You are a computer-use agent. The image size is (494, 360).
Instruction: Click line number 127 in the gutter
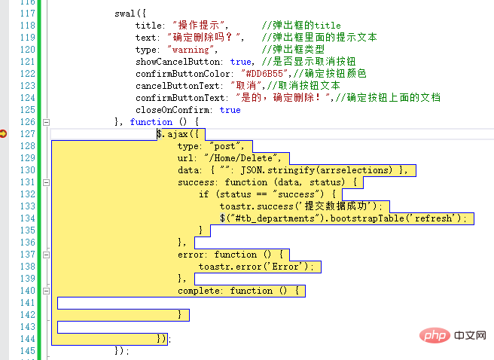pyautogui.click(x=27, y=134)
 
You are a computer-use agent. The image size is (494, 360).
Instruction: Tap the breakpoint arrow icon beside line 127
pyautogui.click(x=3, y=133)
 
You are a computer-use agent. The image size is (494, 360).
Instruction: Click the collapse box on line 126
pyautogui.click(x=47, y=122)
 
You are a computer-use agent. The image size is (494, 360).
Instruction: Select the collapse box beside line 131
pyautogui.click(x=47, y=182)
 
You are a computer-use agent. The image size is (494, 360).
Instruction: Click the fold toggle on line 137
pyautogui.click(x=47, y=255)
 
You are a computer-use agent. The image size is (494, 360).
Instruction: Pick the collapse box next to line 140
pyautogui.click(x=47, y=291)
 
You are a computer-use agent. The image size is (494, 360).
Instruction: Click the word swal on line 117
pyautogui.click(x=125, y=14)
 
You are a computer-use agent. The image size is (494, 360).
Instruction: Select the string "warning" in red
pyautogui.click(x=191, y=50)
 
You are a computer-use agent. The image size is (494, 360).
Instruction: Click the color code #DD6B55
pyautogui.click(x=264, y=74)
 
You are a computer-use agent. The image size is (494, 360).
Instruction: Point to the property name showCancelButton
pyautogui.click(x=178, y=62)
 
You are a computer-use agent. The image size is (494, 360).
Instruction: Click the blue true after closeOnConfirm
pyautogui.click(x=230, y=110)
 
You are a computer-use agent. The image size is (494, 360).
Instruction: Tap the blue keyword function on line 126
pyautogui.click(x=151, y=122)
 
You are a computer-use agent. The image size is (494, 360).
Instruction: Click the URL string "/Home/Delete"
pyautogui.click(x=241, y=158)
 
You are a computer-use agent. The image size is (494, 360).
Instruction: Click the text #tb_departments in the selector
pyautogui.click(x=276, y=218)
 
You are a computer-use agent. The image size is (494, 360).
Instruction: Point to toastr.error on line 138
pyautogui.click(x=230, y=267)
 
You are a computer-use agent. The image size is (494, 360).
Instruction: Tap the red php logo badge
pyautogui.click(x=435, y=335)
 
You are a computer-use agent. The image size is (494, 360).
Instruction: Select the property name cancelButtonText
pyautogui.click(x=178, y=86)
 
